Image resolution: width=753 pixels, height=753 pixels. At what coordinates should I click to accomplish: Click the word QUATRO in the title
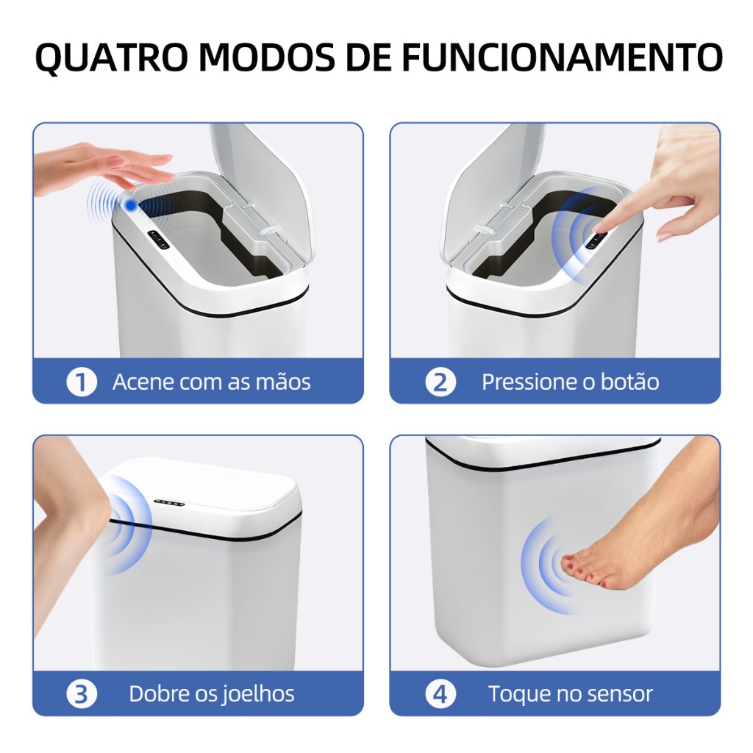click(112, 58)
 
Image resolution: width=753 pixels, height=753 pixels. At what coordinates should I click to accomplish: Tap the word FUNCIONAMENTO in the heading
click(562, 58)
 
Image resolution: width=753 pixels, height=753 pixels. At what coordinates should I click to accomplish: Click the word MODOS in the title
click(266, 58)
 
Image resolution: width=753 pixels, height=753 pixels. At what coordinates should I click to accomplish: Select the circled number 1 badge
click(82, 382)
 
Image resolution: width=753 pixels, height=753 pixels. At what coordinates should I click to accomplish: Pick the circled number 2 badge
click(440, 382)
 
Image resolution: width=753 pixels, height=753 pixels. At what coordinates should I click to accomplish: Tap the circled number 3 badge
click(82, 694)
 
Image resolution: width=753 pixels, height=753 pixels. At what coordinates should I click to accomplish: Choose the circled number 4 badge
click(440, 694)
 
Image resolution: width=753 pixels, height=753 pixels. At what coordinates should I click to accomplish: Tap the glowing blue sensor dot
click(131, 205)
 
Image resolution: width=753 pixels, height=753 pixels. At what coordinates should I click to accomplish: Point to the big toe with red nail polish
click(569, 560)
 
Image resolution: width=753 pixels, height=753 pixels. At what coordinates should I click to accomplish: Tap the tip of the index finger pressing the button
click(598, 229)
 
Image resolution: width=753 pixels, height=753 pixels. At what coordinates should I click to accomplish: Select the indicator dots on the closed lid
click(169, 503)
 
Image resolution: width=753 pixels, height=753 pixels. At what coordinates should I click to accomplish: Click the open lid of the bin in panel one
click(262, 188)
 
